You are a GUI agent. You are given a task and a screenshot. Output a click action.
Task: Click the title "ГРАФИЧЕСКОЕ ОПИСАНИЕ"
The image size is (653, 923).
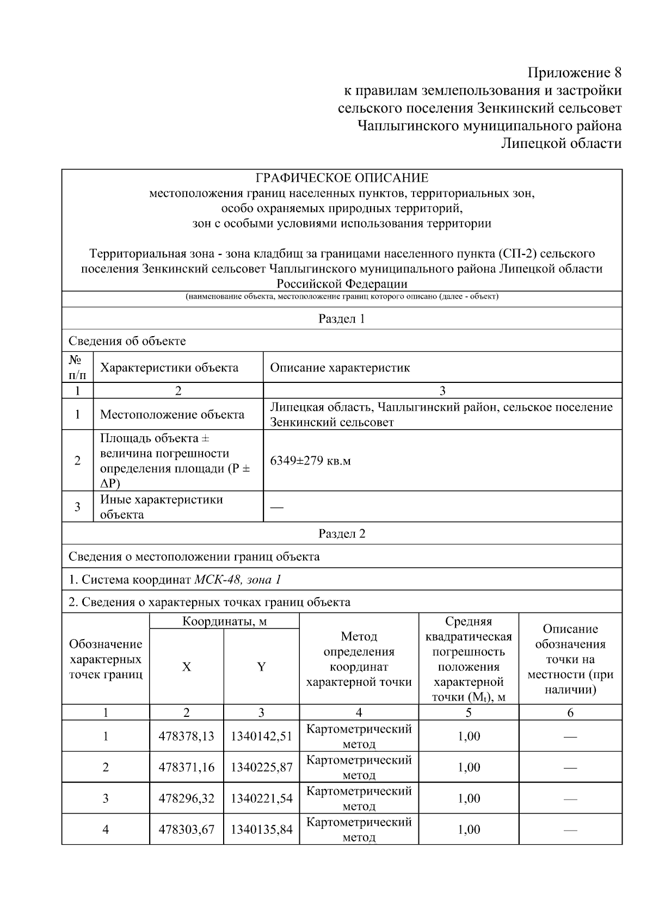point(342,178)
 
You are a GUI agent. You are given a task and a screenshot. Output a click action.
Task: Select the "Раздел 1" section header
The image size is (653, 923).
point(342,319)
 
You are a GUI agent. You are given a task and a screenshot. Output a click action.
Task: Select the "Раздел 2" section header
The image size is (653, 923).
point(342,534)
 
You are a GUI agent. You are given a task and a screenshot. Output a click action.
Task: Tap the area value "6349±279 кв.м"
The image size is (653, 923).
point(310,461)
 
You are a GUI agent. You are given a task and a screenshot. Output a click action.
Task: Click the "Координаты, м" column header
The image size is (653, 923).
point(224,621)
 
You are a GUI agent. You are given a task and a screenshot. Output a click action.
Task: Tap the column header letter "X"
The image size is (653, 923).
point(186,667)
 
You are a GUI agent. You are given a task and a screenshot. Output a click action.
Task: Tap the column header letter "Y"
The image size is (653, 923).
point(261,667)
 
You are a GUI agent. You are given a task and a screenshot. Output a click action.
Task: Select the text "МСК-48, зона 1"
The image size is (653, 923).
point(238,579)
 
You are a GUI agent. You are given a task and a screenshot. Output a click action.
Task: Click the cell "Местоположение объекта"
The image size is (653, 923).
point(172,414)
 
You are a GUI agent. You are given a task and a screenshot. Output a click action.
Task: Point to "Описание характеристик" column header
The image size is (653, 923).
point(340,368)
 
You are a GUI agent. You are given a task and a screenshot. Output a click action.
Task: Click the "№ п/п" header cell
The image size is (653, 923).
point(77,368)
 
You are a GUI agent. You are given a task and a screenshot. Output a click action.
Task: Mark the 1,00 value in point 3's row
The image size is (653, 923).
point(469,798)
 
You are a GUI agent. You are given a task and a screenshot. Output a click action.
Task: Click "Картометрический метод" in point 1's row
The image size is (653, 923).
point(359,736)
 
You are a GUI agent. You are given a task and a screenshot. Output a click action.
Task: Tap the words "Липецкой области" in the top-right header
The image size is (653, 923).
point(561,144)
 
